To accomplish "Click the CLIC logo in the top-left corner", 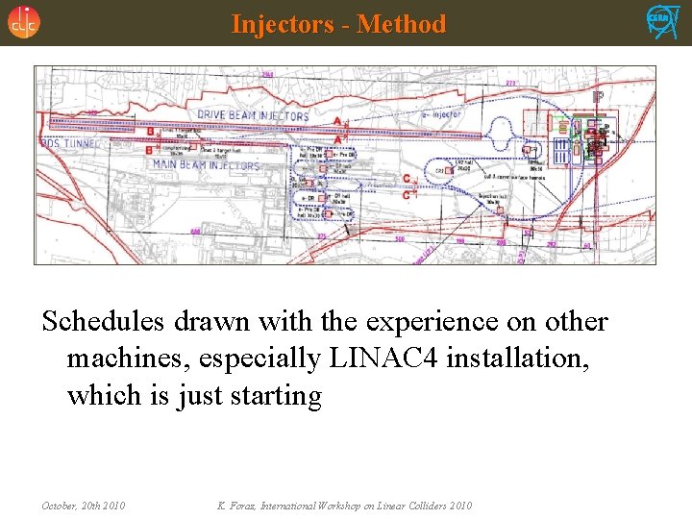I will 24,22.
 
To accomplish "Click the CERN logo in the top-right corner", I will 662,21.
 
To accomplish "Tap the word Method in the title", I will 402,24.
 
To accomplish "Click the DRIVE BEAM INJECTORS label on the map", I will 253,115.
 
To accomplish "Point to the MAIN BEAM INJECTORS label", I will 206,165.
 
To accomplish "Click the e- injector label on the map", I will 442,115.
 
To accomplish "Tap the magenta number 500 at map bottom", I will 400,238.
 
